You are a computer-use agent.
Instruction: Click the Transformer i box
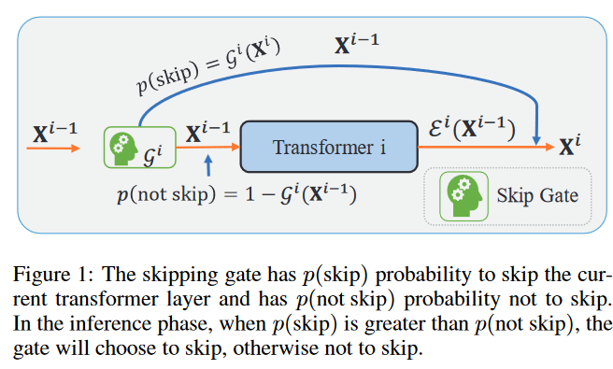[x=330, y=147]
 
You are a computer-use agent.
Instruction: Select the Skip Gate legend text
[x=536, y=195]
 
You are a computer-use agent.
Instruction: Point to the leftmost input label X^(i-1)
[x=53, y=132]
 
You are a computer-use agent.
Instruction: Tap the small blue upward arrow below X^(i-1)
[x=207, y=167]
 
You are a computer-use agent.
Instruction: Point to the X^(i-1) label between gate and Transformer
[x=207, y=131]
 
